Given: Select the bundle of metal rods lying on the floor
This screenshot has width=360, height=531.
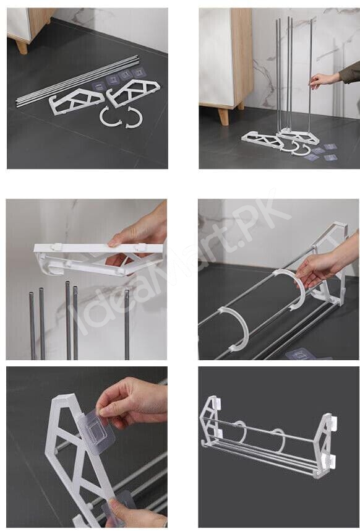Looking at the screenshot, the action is click(77, 80).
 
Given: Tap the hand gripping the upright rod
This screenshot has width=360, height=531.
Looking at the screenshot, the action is click(324, 80).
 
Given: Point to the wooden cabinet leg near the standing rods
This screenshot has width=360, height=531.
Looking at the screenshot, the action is click(223, 116).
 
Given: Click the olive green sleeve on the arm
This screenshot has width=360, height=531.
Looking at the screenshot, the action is click(351, 72).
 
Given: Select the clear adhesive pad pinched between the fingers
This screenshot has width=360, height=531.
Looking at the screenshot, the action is click(97, 431).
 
